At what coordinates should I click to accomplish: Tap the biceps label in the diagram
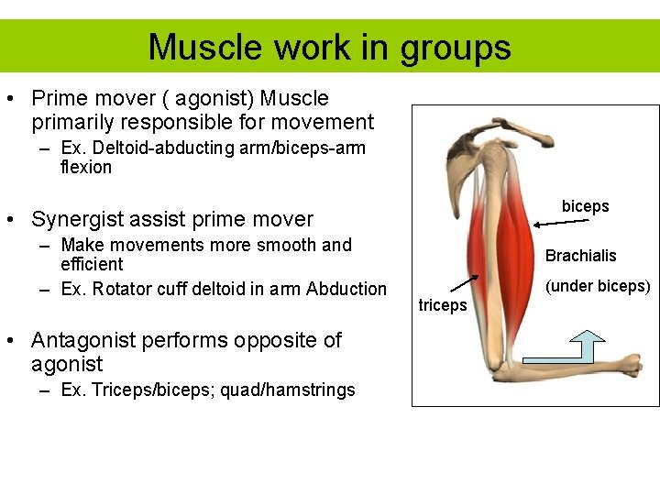(x=585, y=206)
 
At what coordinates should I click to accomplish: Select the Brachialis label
(x=580, y=256)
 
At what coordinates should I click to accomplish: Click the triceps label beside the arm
(x=443, y=305)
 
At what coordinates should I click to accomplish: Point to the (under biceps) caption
(x=598, y=286)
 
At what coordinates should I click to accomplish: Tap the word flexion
(x=85, y=167)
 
